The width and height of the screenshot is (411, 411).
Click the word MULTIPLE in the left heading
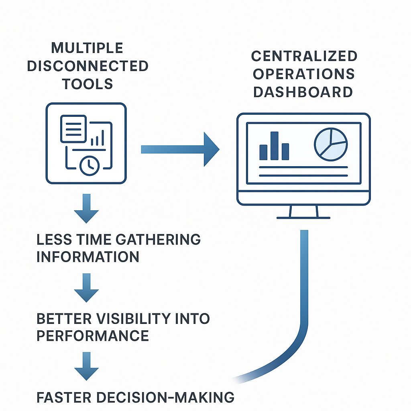coord(87,48)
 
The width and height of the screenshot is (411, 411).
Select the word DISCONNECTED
coord(87,66)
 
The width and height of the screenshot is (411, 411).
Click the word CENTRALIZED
coord(304,56)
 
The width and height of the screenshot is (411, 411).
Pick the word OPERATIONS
coord(304,74)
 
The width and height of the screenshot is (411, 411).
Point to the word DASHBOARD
coord(303,92)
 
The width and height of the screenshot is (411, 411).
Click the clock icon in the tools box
coord(89,165)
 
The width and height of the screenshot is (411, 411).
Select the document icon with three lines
coord(73,128)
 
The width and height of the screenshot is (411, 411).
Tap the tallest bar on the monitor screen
coord(275,146)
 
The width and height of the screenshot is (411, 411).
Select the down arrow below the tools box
coord(87,208)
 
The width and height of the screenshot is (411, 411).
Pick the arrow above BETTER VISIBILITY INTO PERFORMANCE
coord(87,288)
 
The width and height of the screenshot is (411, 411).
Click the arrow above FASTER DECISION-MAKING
coord(87,366)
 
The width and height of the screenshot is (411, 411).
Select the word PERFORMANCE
coord(93,336)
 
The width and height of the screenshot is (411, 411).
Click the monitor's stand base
coord(303,217)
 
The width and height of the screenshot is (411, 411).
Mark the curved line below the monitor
coord(304,305)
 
